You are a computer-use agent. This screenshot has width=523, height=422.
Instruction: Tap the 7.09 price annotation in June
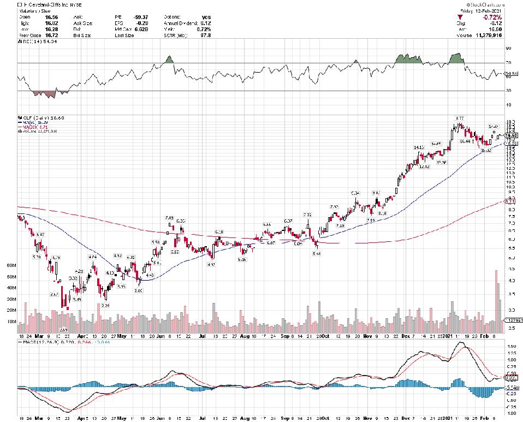(x=170, y=217)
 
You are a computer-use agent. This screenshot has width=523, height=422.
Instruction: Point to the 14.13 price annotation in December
(x=419, y=147)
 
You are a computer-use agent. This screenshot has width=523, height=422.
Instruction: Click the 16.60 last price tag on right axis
(x=511, y=135)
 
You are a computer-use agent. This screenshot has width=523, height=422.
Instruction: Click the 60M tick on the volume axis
(x=11, y=265)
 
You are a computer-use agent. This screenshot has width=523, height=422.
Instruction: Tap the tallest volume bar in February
(x=496, y=295)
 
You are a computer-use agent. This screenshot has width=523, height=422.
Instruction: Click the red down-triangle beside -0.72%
(x=467, y=17)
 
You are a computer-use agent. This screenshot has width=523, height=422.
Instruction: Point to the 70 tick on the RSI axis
(x=508, y=63)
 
